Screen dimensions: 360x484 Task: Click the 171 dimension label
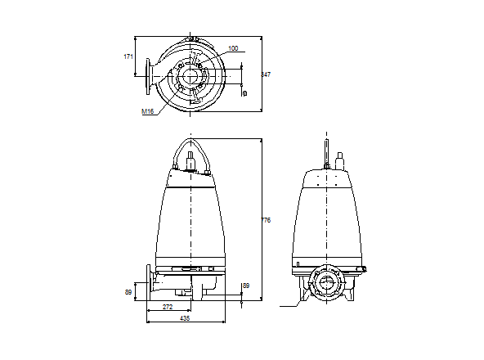pyautogui.click(x=128, y=56)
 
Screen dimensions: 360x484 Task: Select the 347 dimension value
pyautogui.click(x=266, y=74)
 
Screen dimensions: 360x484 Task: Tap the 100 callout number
pyautogui.click(x=233, y=49)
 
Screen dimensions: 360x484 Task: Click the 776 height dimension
pyautogui.click(x=266, y=220)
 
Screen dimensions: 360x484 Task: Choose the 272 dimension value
pyautogui.click(x=168, y=307)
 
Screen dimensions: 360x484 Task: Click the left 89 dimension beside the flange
pyautogui.click(x=128, y=290)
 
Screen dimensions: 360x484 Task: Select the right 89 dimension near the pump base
pyautogui.click(x=246, y=286)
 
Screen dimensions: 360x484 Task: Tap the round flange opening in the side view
pyautogui.click(x=330, y=286)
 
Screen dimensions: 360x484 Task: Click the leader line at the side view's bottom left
pyautogui.click(x=290, y=306)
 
